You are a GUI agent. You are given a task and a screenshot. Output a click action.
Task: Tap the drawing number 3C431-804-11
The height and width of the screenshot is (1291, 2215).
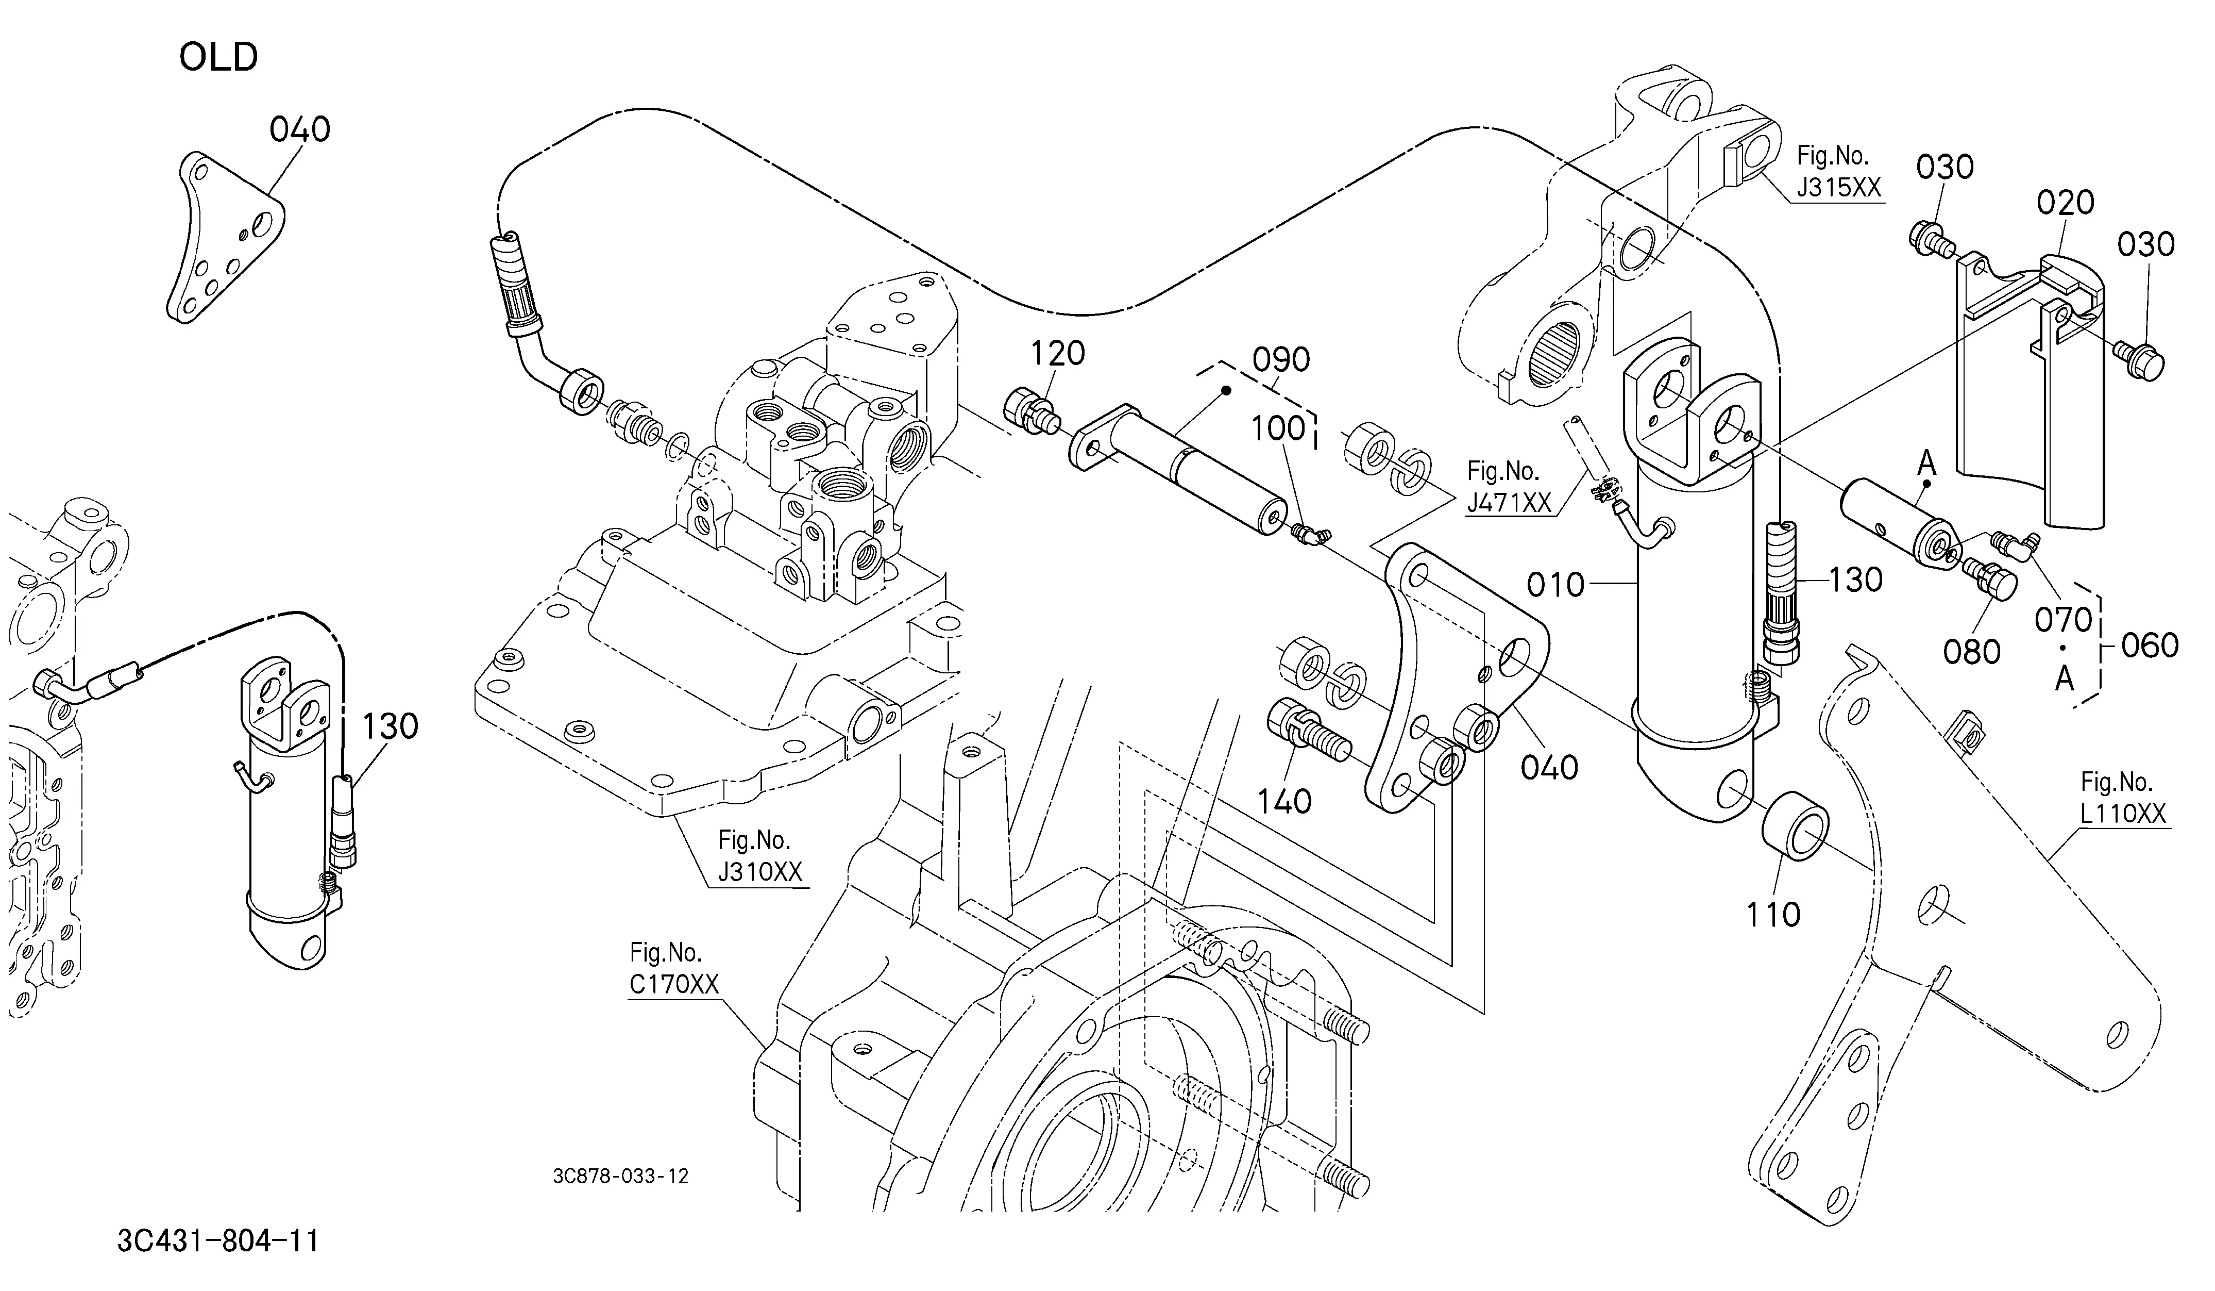(218, 1241)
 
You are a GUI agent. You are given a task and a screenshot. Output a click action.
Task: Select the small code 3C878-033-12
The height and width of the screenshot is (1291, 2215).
(620, 1177)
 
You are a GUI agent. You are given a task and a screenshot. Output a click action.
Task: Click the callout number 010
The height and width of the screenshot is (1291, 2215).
(1556, 585)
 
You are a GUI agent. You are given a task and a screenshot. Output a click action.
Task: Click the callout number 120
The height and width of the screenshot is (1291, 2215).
(1057, 354)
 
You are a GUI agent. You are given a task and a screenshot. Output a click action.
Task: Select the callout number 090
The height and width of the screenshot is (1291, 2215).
(1281, 360)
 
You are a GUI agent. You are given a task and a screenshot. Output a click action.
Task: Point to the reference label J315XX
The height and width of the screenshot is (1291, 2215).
(1839, 187)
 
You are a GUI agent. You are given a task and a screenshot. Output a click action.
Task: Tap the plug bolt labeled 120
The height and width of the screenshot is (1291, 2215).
(1028, 411)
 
